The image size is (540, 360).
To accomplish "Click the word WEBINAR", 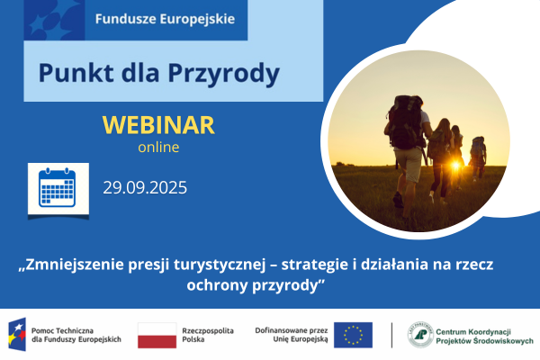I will point(158,124).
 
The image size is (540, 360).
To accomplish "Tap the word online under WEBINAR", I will point(158,147).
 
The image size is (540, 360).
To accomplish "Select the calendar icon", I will point(58,189).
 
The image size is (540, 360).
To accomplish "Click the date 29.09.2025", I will point(144,188).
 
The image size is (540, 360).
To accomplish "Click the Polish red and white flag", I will point(157,335).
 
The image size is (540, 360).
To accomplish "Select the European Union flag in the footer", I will point(353,335).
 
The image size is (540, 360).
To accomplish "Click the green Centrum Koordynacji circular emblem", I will point(420,335).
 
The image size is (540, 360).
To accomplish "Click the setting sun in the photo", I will point(454,166).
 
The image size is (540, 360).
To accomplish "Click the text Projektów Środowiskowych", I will point(484,342).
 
